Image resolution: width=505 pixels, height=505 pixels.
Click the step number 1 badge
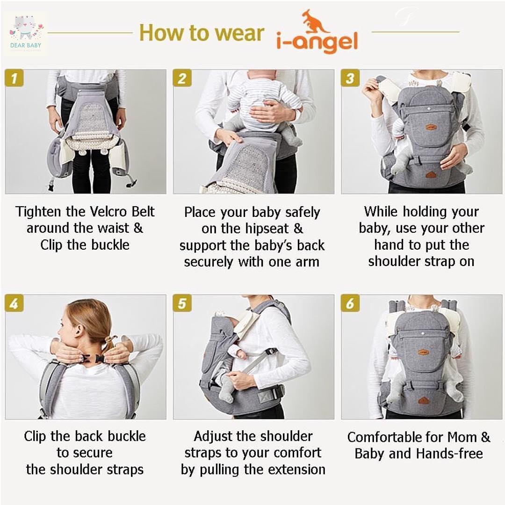pos(14,78)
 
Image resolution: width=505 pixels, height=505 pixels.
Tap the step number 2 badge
pos(182,78)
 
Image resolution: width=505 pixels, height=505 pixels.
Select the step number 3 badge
pos(350,78)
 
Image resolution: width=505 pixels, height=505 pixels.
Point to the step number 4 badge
pos(14,303)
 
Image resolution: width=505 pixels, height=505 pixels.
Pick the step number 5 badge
pos(182,303)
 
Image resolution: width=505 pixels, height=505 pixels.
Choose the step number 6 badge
pos(350,303)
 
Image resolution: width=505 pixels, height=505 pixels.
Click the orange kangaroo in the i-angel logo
pos(314,21)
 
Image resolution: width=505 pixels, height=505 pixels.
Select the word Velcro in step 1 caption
pos(108,212)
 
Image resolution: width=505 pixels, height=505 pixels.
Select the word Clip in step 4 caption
pos(35,437)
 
